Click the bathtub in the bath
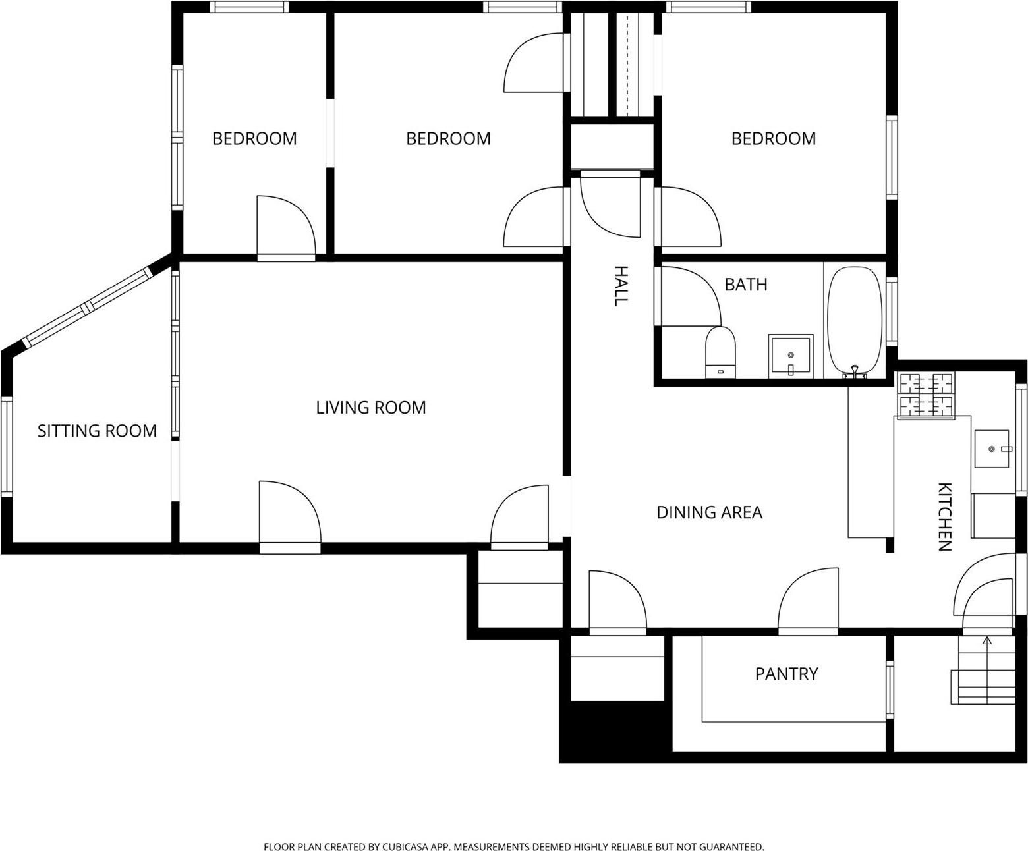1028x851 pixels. pos(854,321)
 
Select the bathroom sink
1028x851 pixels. pos(790,356)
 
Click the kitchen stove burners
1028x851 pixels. pos(927,395)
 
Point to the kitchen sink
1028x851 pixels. pos(992,449)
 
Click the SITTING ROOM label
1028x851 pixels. pos(97,431)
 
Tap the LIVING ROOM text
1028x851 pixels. pos(371,408)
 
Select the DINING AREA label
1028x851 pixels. pos(709,512)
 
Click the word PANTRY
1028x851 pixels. pos(786,674)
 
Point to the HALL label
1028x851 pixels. pos(620,285)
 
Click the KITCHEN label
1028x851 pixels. pos(944,516)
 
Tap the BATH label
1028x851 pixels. pos(745,285)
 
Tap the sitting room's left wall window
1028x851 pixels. pos(6,445)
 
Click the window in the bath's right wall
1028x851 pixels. pos(892,311)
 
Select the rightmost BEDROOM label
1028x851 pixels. pos(774,138)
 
